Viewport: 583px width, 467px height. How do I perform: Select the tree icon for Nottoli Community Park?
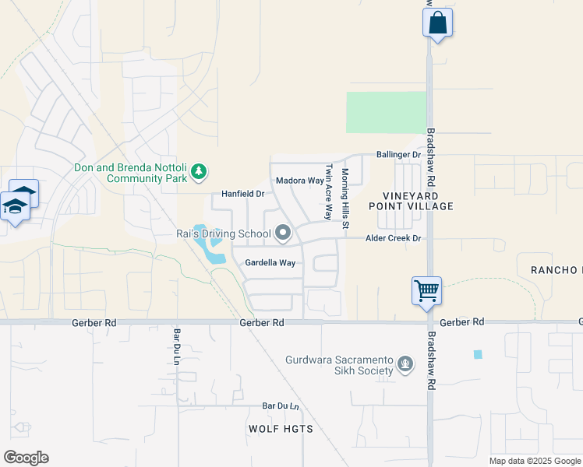pos(200,170)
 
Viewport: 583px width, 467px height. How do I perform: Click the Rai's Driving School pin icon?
pos(283,232)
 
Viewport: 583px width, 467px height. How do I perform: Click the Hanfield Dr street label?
pos(243,193)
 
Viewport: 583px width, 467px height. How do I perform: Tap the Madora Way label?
pos(299,181)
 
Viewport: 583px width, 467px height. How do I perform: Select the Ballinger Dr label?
pos(398,155)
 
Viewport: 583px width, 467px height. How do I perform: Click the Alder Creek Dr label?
pos(394,238)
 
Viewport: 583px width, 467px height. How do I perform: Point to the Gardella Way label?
pos(270,263)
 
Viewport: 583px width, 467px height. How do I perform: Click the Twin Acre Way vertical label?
pos(329,191)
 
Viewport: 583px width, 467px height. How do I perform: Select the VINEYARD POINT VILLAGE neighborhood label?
pos(418,201)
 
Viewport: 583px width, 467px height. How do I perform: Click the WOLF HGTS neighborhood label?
pos(281,429)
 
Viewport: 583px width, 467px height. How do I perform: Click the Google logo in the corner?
pos(26,458)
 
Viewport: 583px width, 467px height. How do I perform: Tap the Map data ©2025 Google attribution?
pos(535,461)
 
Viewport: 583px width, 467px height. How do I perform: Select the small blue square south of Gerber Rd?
pos(478,354)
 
